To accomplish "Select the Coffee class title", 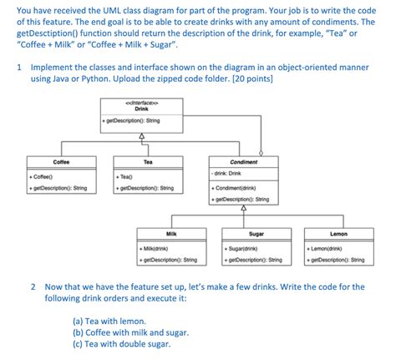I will tap(61, 161).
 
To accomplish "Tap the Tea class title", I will tap(148, 161).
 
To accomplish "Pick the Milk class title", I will tap(170, 233).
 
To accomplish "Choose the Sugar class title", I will tap(256, 233).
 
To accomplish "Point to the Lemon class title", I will tap(339, 233).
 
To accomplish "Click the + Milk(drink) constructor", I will tap(155, 248).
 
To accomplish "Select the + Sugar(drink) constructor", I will tap(241, 248).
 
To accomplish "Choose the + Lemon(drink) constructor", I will tap(327, 248).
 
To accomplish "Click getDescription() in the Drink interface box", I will tap(134, 121).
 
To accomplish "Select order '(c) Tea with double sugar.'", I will tap(122, 343).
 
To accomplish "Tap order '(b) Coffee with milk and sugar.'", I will tap(131, 331).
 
